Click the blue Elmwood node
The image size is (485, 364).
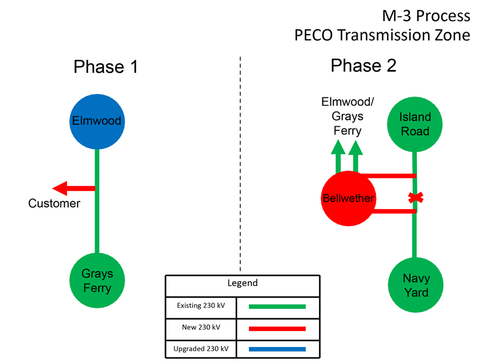point(97,122)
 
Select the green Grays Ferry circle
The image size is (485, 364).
point(97,281)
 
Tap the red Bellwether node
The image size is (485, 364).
point(348,198)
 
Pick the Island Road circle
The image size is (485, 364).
point(415,124)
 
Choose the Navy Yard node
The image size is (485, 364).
point(415,285)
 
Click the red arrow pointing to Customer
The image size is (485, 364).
point(74,188)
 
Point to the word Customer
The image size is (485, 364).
point(54,204)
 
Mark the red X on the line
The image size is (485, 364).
point(415,197)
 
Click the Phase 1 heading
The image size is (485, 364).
point(106,67)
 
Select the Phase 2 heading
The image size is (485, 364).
point(363,65)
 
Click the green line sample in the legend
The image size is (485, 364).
point(277,306)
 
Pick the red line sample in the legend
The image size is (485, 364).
point(277,328)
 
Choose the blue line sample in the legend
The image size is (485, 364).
point(277,349)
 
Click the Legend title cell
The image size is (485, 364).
point(242,283)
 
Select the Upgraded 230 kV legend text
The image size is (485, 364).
point(200,349)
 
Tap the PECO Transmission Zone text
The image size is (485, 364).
point(382,35)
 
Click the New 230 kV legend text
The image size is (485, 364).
point(200,328)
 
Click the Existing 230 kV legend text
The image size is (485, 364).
point(200,306)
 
